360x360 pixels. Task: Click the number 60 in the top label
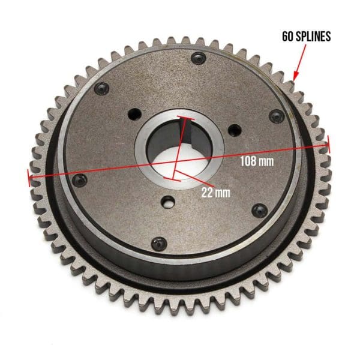pos(288,36)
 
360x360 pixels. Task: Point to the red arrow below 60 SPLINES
pos(304,61)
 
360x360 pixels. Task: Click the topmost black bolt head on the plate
pos(197,58)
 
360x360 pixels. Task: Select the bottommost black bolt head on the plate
pos(159,244)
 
